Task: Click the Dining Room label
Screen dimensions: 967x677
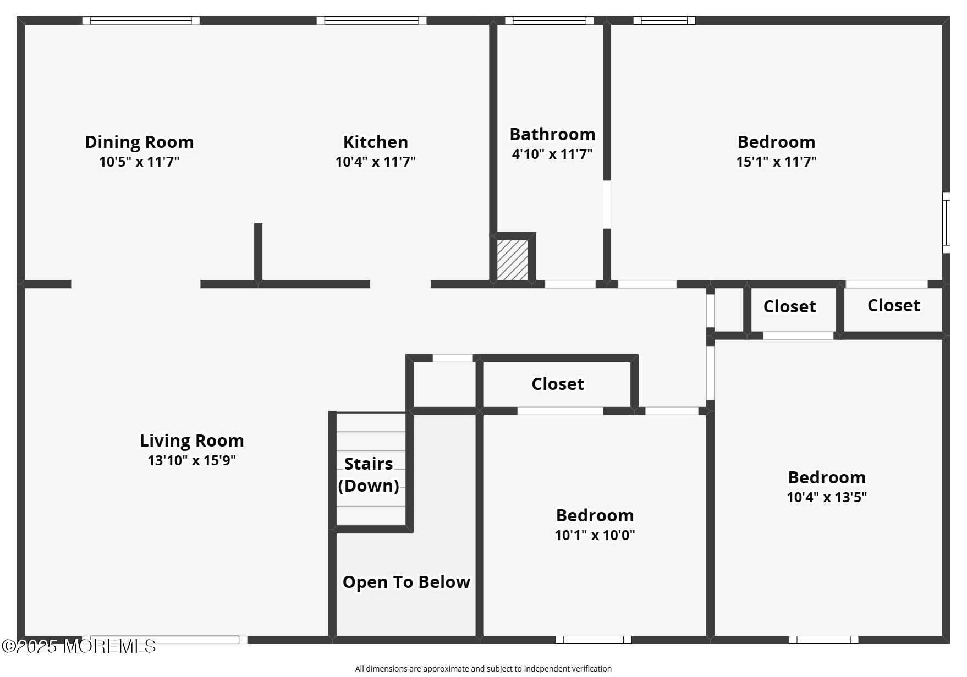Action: click(x=139, y=142)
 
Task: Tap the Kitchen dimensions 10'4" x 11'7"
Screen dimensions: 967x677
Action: click(x=376, y=162)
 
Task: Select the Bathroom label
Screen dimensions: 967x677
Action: click(x=552, y=134)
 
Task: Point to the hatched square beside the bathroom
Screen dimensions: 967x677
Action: click(x=513, y=260)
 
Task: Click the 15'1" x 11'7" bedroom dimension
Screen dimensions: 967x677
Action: click(x=776, y=162)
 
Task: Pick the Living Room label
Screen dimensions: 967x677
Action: click(x=191, y=441)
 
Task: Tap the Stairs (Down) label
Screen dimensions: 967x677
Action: click(x=369, y=475)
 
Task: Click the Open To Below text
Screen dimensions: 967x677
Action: click(x=406, y=582)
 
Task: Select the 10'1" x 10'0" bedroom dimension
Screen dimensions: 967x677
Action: click(x=595, y=535)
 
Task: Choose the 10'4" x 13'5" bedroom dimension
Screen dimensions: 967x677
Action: click(x=827, y=497)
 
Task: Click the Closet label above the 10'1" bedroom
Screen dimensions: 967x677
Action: click(x=558, y=384)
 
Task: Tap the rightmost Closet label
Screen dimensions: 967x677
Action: click(x=894, y=305)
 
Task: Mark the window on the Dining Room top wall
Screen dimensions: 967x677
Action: click(x=141, y=21)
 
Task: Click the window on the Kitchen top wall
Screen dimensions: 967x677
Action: click(x=371, y=21)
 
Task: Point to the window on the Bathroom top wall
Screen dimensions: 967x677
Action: click(x=550, y=21)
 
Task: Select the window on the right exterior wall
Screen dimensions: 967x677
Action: click(x=946, y=223)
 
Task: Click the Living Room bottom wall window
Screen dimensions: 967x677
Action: click(x=164, y=640)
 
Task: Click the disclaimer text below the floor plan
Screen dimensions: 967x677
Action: click(x=483, y=669)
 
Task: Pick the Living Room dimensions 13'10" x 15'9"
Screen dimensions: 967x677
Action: click(x=191, y=460)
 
